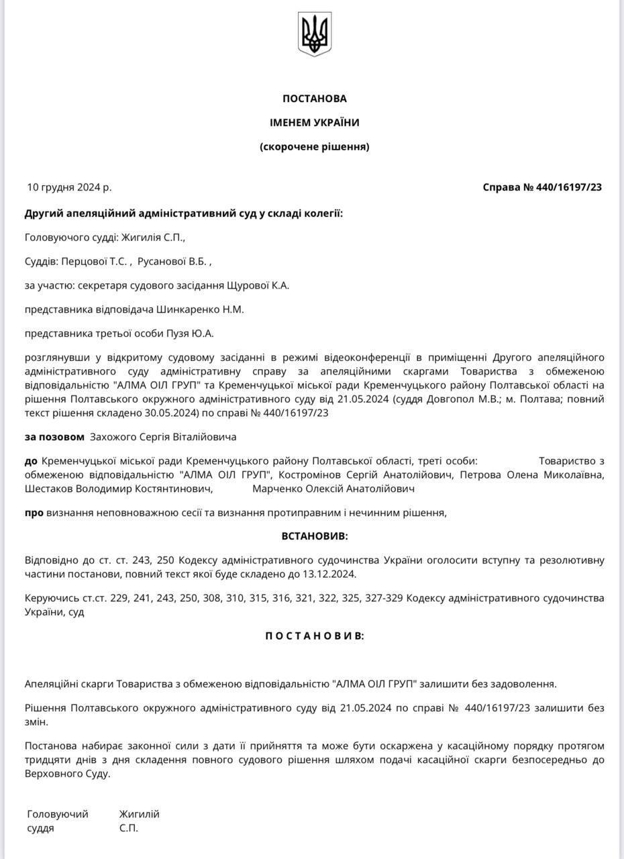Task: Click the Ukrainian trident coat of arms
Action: [x=314, y=34]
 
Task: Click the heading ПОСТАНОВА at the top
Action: [x=314, y=99]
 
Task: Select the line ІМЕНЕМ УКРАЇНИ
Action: [x=314, y=122]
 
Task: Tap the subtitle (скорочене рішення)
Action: [x=314, y=146]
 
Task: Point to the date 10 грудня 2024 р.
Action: [x=69, y=187]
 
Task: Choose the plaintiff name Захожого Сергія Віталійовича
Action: [x=163, y=437]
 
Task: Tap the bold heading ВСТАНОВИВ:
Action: [x=314, y=537]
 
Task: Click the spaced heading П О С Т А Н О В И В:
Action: [x=314, y=636]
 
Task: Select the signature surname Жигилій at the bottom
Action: [x=139, y=814]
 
